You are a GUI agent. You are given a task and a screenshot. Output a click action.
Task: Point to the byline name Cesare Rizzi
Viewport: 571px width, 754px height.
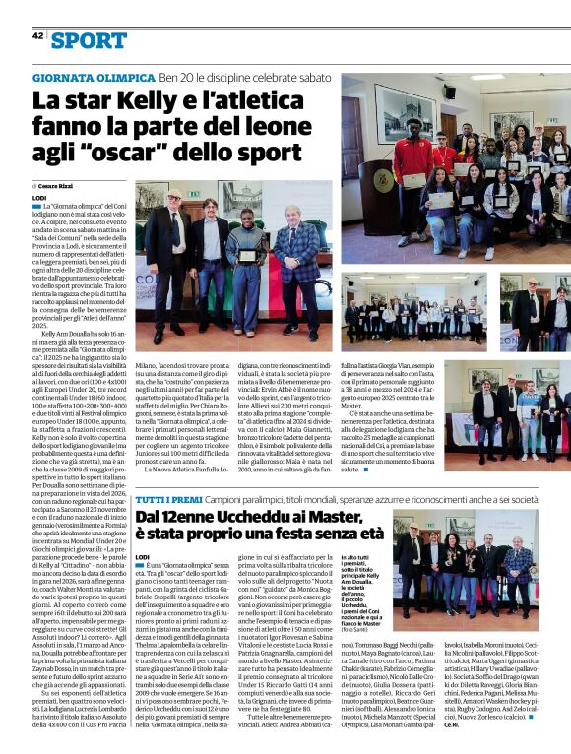59,185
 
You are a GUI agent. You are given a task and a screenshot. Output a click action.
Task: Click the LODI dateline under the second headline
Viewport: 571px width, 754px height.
143,558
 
